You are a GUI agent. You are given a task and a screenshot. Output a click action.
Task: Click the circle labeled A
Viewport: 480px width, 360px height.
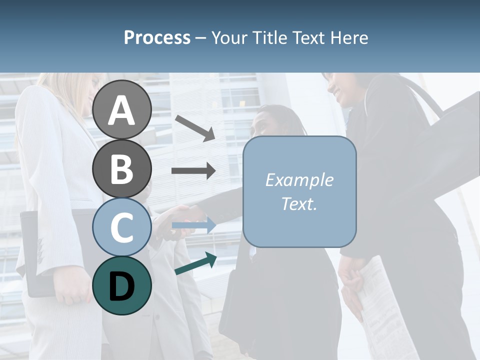(x=122, y=109)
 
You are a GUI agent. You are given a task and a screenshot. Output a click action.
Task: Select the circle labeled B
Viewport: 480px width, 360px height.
(x=122, y=168)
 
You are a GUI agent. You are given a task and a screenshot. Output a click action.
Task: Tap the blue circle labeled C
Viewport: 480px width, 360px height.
(x=122, y=227)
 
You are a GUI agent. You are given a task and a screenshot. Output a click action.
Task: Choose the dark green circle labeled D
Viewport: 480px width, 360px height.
(x=122, y=285)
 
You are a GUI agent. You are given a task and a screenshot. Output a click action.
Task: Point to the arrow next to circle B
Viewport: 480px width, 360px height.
(x=193, y=171)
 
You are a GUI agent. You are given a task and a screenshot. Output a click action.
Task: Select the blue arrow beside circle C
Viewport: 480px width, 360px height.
(x=193, y=225)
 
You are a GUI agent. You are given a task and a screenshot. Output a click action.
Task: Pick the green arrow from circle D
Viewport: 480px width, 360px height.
(x=195, y=263)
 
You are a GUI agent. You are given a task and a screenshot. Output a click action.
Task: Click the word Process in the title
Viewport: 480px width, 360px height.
(x=157, y=37)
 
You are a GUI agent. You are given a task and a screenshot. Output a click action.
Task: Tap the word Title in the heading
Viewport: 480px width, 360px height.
(x=269, y=37)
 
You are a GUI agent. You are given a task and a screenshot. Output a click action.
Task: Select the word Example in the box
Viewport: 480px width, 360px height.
(x=299, y=180)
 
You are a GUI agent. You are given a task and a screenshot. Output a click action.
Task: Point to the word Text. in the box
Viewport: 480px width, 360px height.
(x=299, y=203)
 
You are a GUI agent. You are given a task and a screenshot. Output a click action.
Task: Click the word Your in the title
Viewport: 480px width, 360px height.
(x=229, y=37)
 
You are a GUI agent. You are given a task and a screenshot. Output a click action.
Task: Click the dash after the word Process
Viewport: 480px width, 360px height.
(x=201, y=38)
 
